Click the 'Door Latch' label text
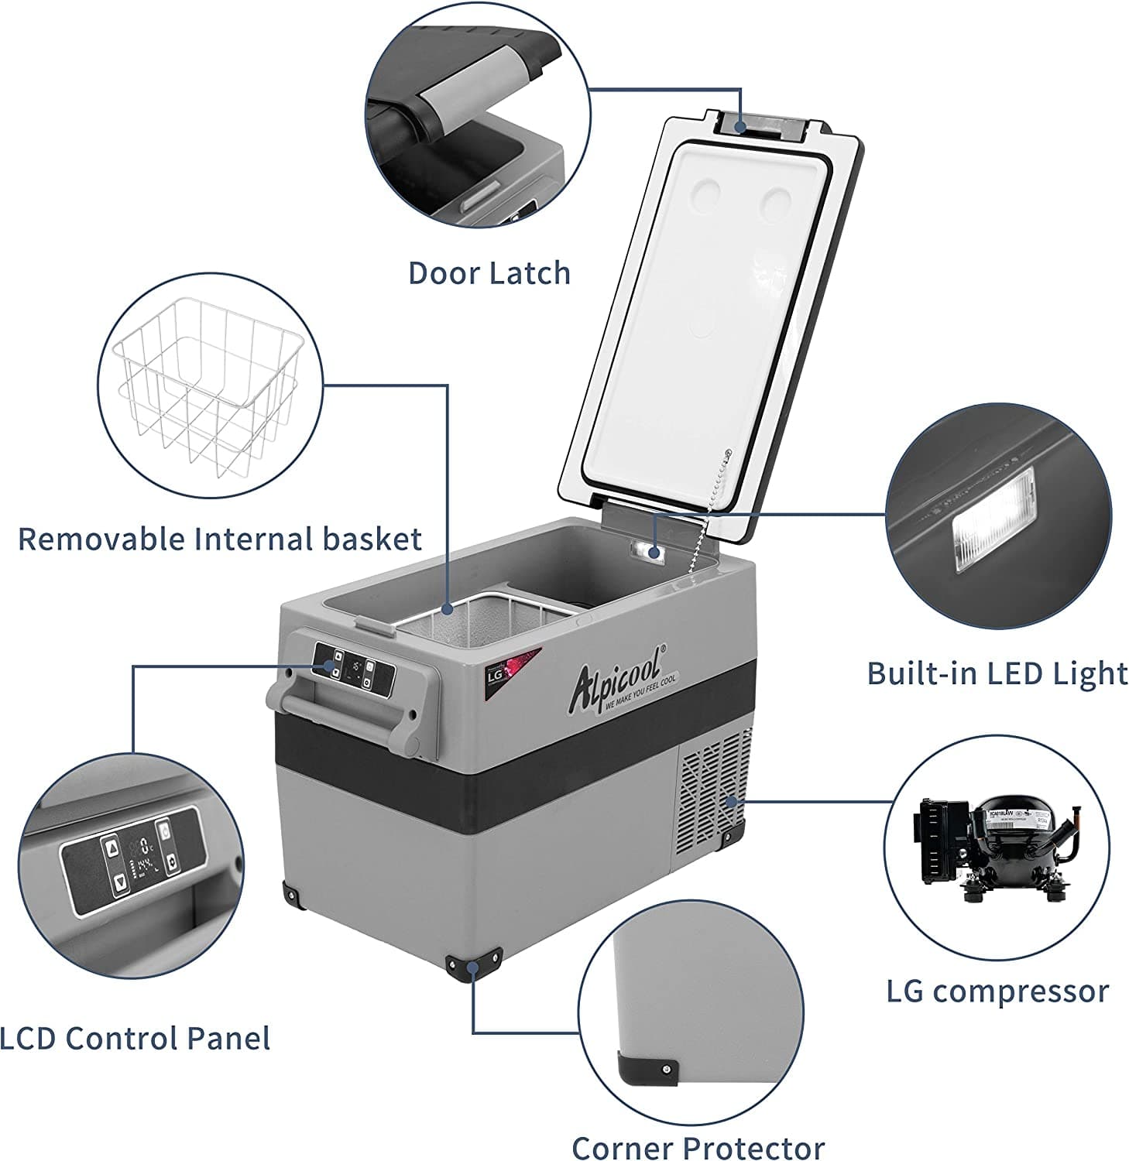click(489, 273)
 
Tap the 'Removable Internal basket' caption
click(219, 539)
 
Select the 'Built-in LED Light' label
click(997, 673)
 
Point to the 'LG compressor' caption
click(997, 991)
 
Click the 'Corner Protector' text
click(698, 1146)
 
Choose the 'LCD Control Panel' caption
click(136, 1038)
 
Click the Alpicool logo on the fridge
click(616, 680)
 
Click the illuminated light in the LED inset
click(993, 521)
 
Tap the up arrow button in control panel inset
click(113, 848)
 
